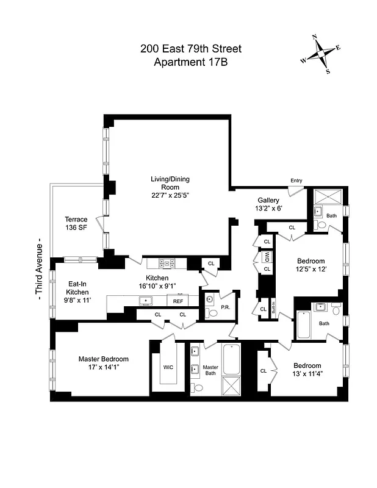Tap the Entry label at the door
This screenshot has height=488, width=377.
coord(296,181)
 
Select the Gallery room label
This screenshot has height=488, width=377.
coord(268,200)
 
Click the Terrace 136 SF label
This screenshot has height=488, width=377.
coord(77,224)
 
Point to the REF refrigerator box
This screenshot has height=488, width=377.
coord(178,301)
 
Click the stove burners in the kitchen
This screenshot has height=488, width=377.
coord(166,264)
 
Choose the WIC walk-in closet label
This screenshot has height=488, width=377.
coord(168,367)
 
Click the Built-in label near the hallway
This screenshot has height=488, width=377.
coord(274,308)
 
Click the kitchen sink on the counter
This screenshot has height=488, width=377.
coord(146,301)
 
